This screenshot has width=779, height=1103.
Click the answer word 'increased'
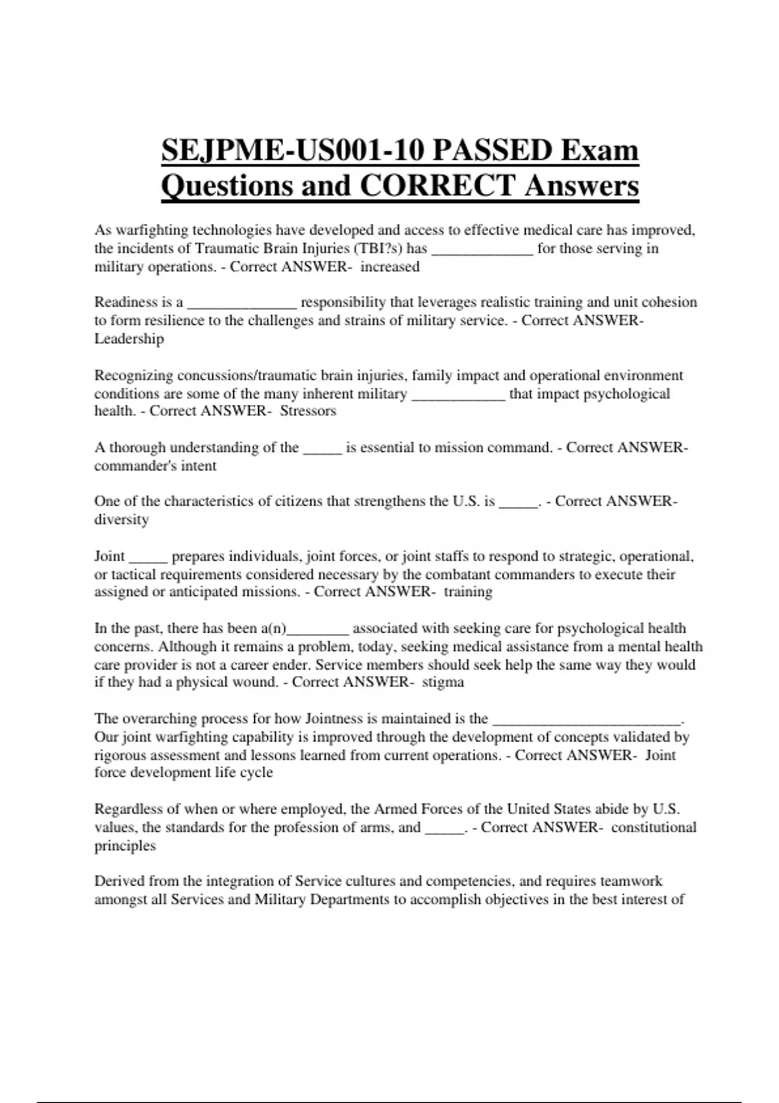click(x=390, y=267)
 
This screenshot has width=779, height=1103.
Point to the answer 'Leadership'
click(x=129, y=339)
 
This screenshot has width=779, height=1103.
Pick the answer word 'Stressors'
click(x=308, y=411)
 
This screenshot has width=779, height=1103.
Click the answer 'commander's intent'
click(x=155, y=466)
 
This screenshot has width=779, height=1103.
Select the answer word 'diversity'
click(x=121, y=520)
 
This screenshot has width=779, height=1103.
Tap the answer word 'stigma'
click(x=443, y=682)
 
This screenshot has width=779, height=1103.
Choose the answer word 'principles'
click(x=125, y=845)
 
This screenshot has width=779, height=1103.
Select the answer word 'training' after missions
click(x=468, y=592)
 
